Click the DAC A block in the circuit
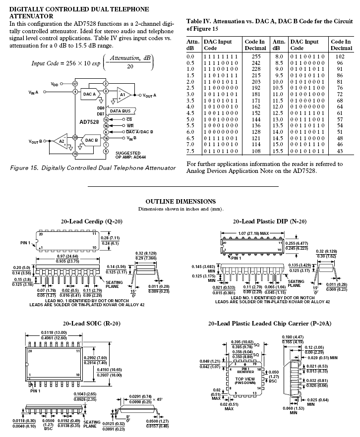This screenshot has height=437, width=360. click(89, 94)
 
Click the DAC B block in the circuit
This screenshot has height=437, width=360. click(91, 140)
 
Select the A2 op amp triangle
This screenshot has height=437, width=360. click(61, 141)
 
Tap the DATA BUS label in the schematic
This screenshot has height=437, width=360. click(120, 111)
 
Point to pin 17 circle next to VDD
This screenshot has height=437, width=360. click(75, 84)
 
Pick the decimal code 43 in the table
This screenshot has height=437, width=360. click(340, 151)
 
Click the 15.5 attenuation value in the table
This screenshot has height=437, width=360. click(278, 151)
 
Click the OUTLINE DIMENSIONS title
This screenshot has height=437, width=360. click(180, 201)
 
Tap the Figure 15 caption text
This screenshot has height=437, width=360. click(93, 168)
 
